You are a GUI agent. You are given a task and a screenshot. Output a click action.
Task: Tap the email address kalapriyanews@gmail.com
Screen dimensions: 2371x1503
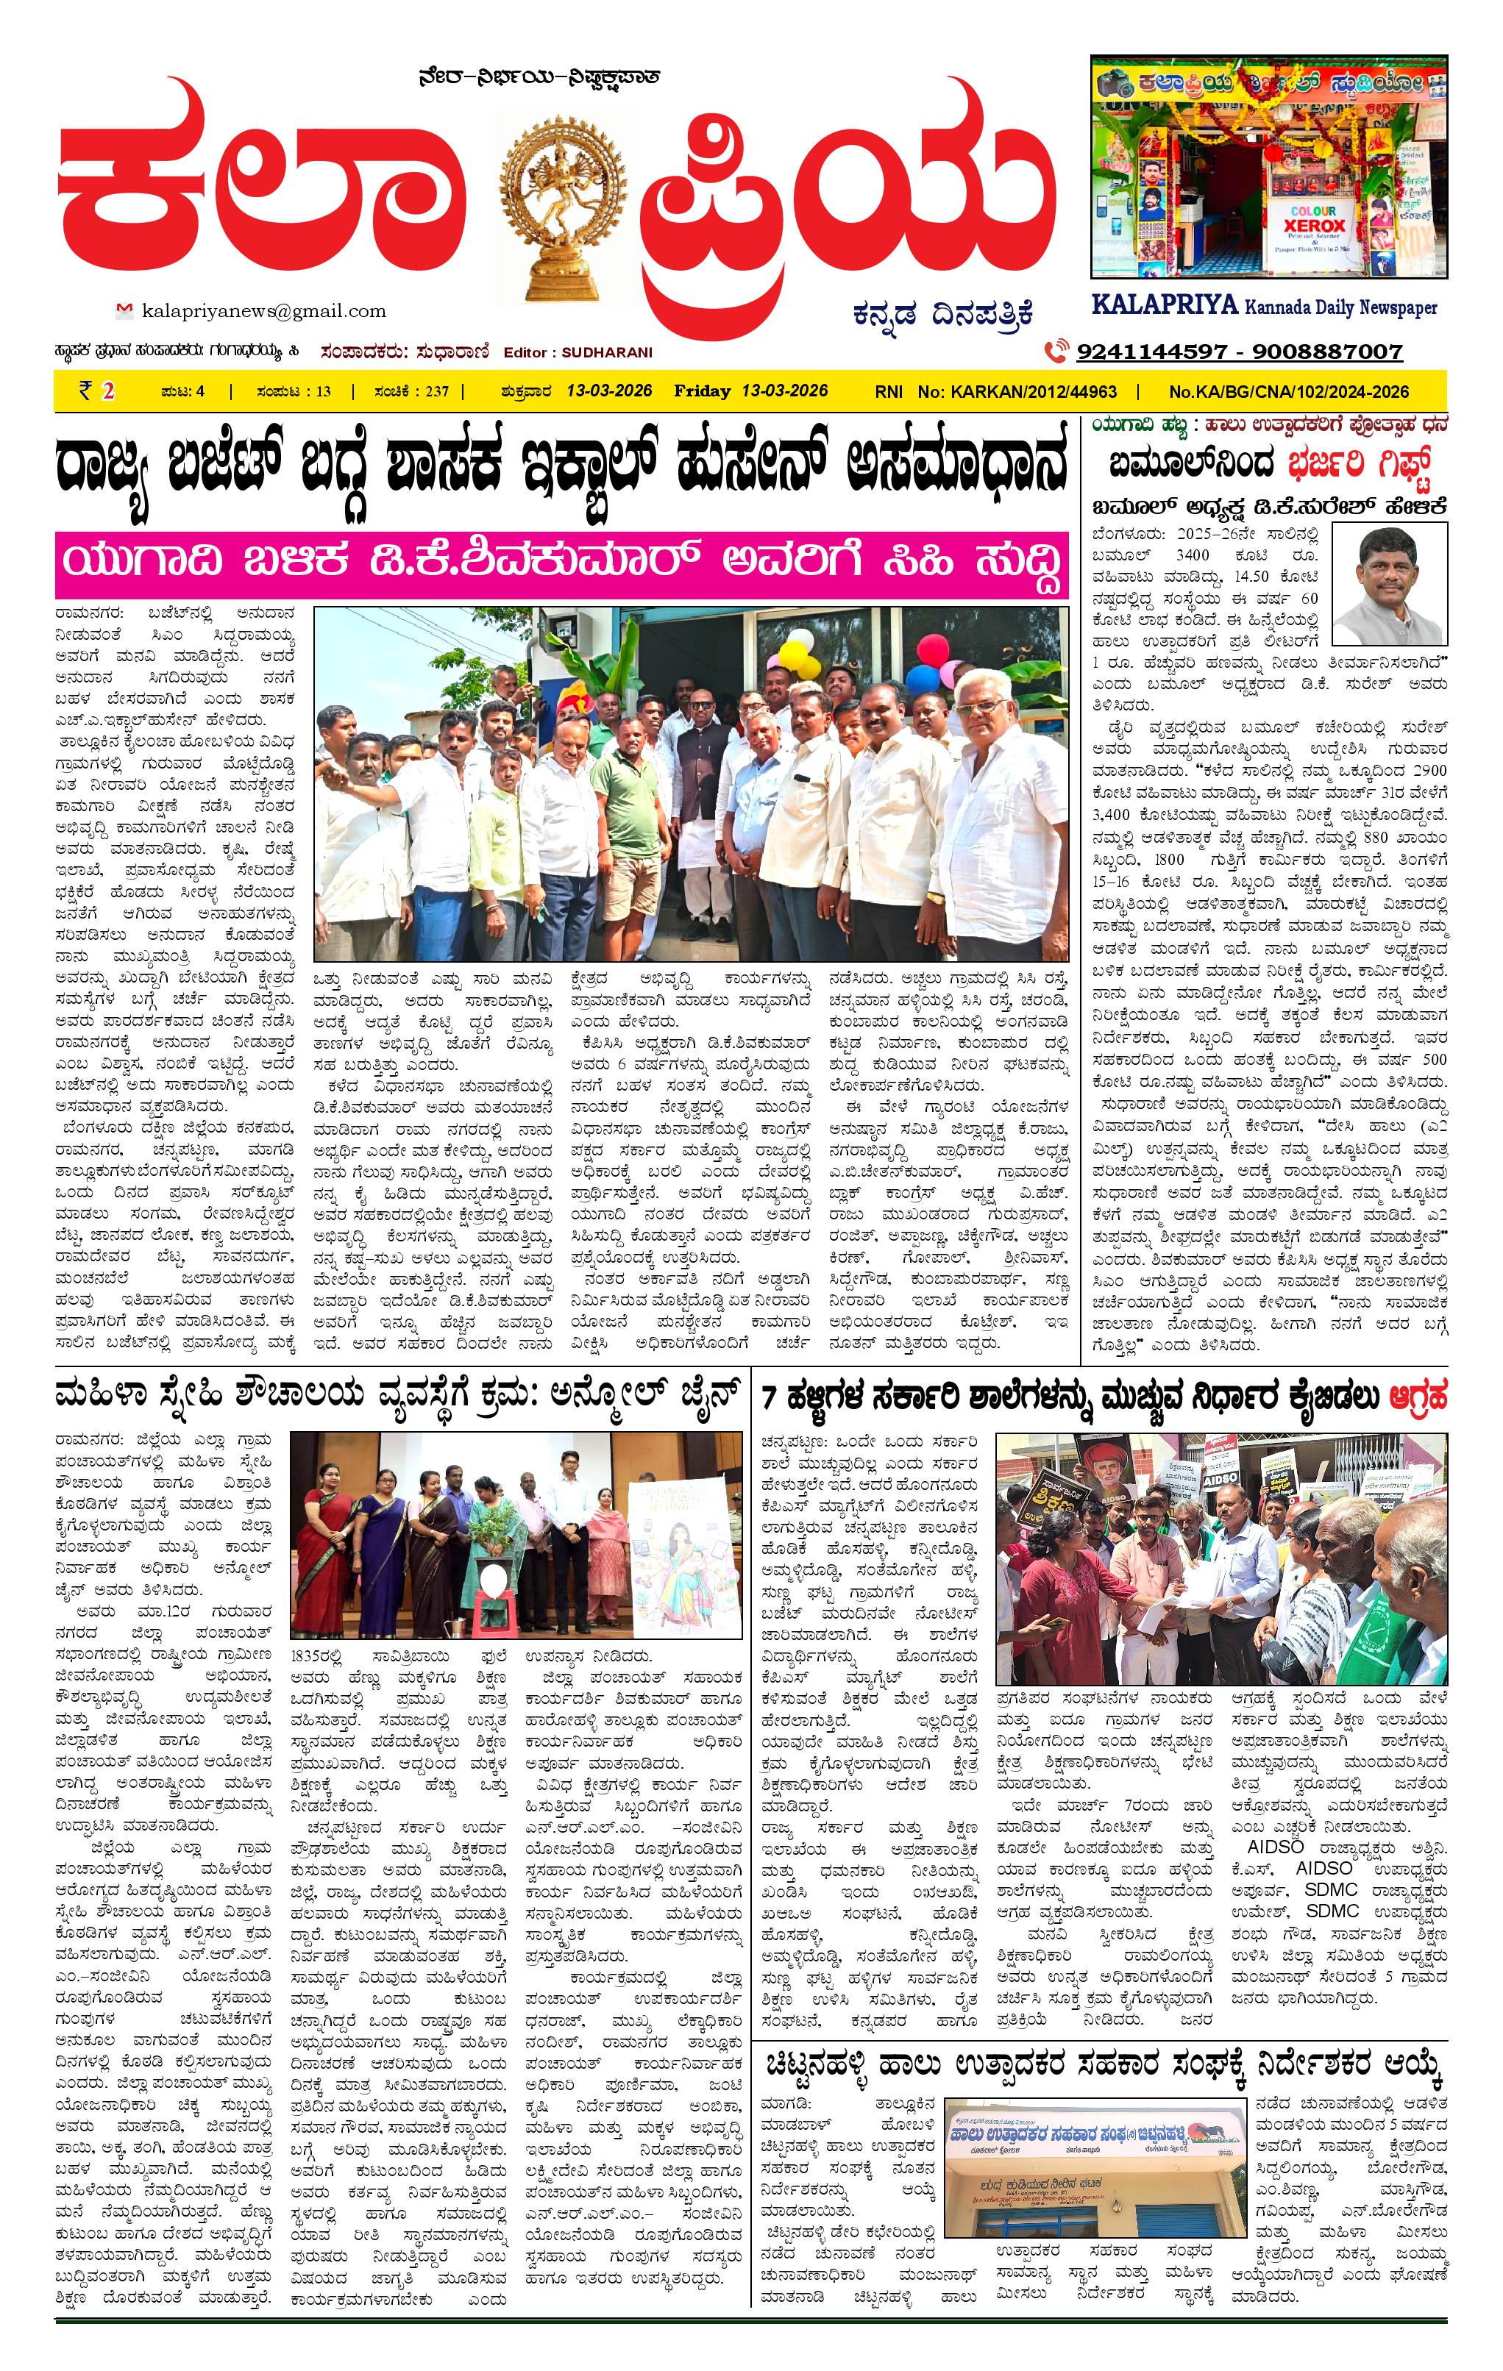(264, 311)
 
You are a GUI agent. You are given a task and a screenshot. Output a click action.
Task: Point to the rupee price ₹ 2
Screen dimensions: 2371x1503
(98, 391)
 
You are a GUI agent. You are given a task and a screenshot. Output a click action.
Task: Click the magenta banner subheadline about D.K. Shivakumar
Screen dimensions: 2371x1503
(561, 564)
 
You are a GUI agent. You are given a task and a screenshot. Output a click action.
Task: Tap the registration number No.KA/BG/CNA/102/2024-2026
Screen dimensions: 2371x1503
(1289, 392)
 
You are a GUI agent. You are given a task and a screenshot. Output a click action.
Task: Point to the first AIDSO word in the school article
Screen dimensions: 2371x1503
(1276, 1846)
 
